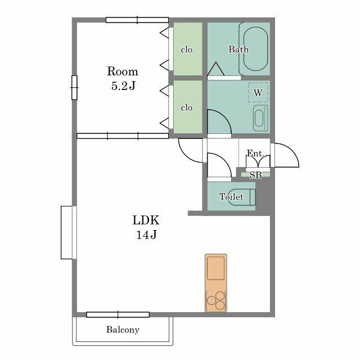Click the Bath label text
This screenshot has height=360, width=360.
point(238,49)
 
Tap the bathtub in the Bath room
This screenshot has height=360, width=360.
point(254,48)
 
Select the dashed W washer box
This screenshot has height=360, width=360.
point(258,92)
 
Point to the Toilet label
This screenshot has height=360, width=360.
point(231,197)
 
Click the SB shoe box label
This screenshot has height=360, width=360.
point(255,175)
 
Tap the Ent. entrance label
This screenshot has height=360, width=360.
point(255,154)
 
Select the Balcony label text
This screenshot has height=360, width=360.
point(123,330)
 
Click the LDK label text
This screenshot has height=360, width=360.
point(146,220)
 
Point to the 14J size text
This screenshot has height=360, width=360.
point(146,235)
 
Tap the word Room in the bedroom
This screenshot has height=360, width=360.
point(123,71)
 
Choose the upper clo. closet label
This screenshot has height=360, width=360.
point(187,49)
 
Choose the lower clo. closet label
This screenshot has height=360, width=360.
point(187,107)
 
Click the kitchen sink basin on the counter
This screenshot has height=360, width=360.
point(215,268)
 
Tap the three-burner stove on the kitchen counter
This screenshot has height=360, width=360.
point(215,300)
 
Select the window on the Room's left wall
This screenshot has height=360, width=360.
point(74,88)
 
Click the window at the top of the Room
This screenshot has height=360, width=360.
point(137,20)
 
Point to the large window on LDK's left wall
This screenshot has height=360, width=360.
point(69,232)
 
